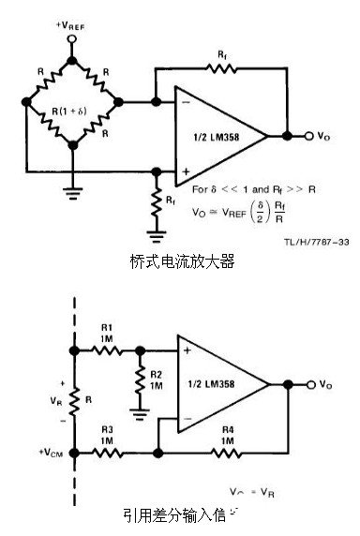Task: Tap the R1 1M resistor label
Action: [x=107, y=335]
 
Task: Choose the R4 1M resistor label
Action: [x=228, y=434]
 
